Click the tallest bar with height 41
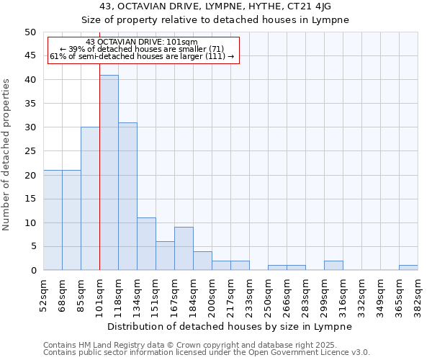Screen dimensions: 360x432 [x=109, y=173]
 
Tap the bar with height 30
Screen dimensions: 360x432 [x=90, y=199]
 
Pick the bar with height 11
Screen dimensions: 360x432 [x=146, y=244]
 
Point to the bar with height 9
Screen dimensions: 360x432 [x=184, y=249]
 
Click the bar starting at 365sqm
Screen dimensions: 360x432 [x=408, y=268]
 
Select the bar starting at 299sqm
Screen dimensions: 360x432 [x=333, y=266]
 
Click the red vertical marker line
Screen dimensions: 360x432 [x=99, y=180]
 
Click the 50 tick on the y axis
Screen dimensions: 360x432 [x=30, y=32]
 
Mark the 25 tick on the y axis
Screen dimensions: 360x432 [x=30, y=151]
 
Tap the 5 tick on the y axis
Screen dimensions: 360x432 [x=32, y=247]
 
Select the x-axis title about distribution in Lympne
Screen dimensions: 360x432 [x=230, y=326]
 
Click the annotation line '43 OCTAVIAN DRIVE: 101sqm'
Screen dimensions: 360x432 [x=141, y=42]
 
